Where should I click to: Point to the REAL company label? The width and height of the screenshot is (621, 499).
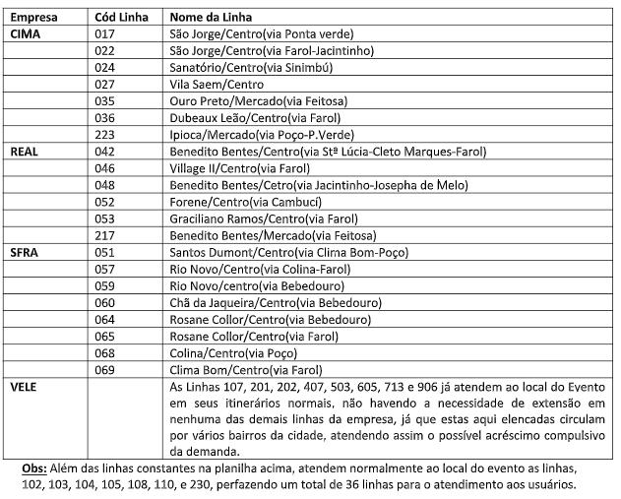point(24,152)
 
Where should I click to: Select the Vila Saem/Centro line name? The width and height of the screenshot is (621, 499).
point(209,85)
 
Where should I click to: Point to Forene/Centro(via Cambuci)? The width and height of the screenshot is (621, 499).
point(236,202)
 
